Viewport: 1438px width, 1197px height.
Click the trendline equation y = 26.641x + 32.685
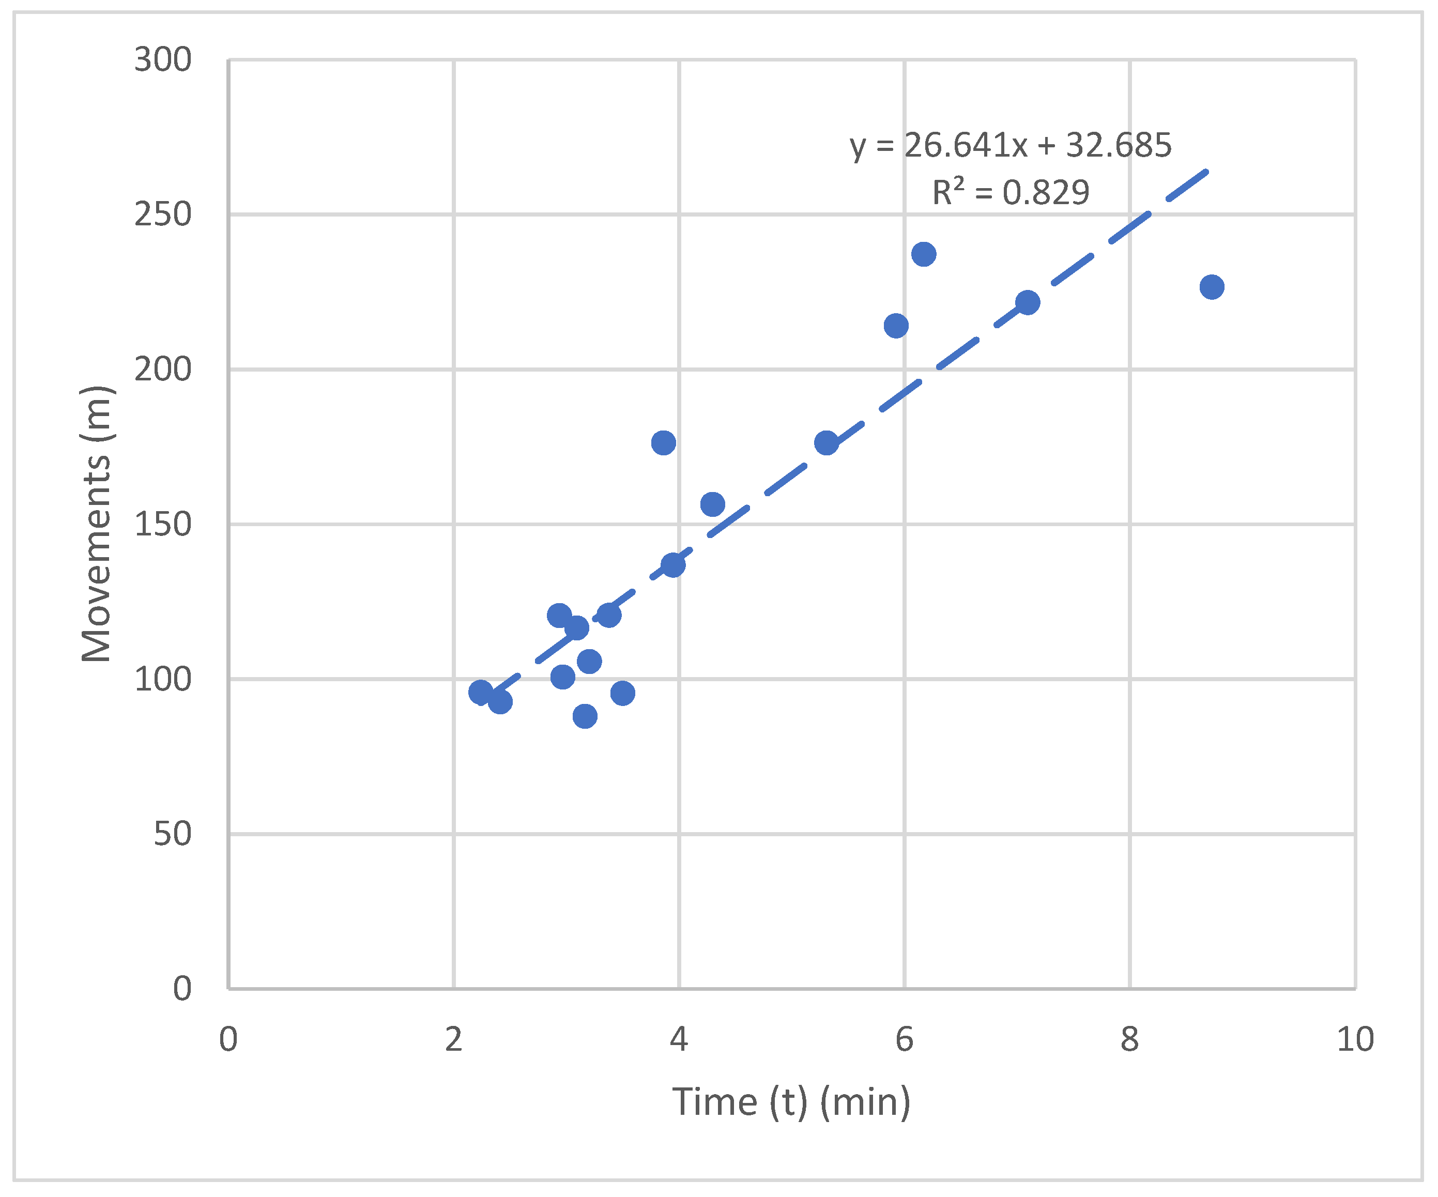[1010, 145]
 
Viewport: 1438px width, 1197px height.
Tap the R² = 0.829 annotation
[1010, 192]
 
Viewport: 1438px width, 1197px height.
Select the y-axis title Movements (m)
[96, 524]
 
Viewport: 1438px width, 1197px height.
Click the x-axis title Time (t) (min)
[791, 1102]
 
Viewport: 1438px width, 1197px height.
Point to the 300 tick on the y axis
[162, 60]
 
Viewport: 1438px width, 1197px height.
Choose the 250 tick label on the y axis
[162, 215]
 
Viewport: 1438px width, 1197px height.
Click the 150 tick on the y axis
[162, 525]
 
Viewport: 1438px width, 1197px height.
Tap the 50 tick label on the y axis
[172, 834]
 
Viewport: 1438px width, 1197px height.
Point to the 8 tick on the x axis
[1130, 1039]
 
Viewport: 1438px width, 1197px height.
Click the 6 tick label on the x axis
[905, 1039]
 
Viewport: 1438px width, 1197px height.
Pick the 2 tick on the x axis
[453, 1039]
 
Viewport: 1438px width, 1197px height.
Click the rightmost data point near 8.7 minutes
[1212, 287]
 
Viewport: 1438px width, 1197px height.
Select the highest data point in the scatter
[924, 254]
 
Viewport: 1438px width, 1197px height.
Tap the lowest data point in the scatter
[585, 716]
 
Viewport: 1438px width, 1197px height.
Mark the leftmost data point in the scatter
[481, 693]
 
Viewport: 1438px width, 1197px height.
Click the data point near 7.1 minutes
[1028, 302]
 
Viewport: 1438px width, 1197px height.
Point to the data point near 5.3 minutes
[827, 443]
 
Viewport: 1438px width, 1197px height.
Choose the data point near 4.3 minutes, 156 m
[713, 504]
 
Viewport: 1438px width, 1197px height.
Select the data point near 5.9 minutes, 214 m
[896, 326]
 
